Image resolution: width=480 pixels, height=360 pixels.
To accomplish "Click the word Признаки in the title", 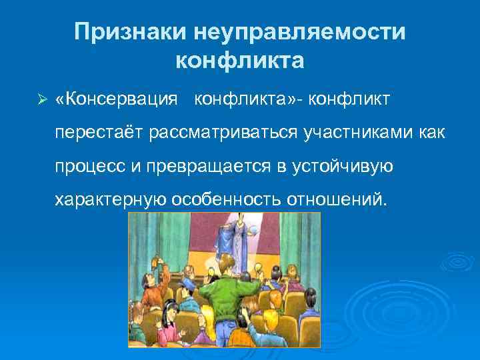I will [131, 31].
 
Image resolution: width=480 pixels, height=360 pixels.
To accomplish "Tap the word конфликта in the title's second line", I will [239, 61].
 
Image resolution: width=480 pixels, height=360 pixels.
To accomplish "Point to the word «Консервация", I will [117, 99].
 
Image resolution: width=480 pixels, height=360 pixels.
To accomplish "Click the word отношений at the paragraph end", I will [336, 199].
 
